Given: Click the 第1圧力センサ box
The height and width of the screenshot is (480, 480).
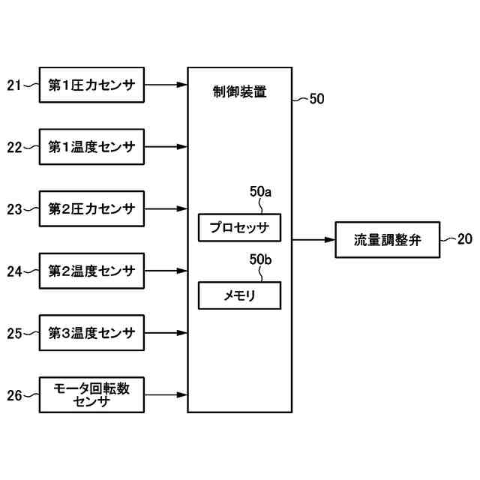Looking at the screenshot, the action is [91, 85].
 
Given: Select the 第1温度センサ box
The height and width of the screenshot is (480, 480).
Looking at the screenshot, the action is [91, 147].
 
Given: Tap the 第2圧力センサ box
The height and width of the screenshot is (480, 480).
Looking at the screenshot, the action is [91, 208].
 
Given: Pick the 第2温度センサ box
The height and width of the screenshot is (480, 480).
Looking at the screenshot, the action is [91, 271].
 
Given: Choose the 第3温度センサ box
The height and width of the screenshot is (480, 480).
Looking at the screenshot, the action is [91, 333].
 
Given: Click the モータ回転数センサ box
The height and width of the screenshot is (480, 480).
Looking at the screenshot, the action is [91, 395].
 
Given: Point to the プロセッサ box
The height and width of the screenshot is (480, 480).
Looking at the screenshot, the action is [239, 228].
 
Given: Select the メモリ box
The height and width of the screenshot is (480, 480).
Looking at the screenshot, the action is [239, 295].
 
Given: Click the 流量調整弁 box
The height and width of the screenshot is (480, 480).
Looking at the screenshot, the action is [388, 240].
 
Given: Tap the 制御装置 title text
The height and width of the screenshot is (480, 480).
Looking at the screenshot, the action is [240, 91].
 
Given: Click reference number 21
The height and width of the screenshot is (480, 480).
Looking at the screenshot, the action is [14, 85].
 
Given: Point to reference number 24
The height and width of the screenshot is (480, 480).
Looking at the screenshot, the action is [14, 271].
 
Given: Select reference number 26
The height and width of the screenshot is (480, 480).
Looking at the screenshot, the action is [14, 395].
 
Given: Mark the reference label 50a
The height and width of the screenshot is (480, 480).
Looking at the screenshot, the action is [260, 192].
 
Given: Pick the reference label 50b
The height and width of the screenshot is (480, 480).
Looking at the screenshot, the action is [260, 259].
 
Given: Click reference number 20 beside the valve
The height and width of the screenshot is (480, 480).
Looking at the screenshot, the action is [465, 238].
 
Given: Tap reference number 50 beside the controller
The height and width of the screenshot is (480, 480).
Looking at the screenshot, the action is [316, 98].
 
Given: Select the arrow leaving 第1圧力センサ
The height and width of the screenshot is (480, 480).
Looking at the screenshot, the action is [166, 85].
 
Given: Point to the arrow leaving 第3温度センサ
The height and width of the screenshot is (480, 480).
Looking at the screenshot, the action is [166, 333].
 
